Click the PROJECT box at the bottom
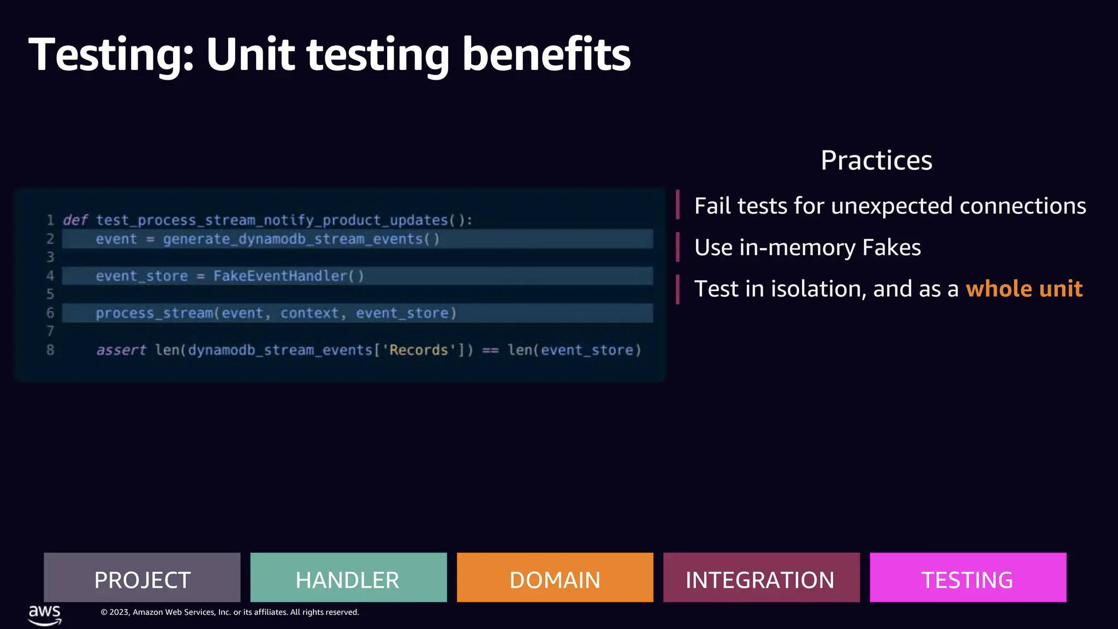pyautogui.click(x=142, y=578)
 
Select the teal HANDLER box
pyautogui.click(x=348, y=578)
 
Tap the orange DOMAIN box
pyautogui.click(x=555, y=578)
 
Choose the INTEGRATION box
pyautogui.click(x=761, y=578)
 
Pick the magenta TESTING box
pyautogui.click(x=967, y=578)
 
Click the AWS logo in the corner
pyautogui.click(x=45, y=614)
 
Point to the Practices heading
pyautogui.click(x=876, y=161)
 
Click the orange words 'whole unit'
pyautogui.click(x=1024, y=289)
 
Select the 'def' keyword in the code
pyautogui.click(x=75, y=220)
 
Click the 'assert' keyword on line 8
pyautogui.click(x=121, y=350)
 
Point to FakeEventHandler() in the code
pyautogui.click(x=288, y=276)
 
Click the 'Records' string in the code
pyautogui.click(x=419, y=350)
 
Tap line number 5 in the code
pyautogui.click(x=50, y=294)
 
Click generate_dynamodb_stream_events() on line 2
pyautogui.click(x=301, y=239)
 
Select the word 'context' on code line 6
pyautogui.click(x=310, y=313)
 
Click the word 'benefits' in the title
pyautogui.click(x=546, y=55)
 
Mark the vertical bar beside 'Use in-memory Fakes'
pyautogui.click(x=677, y=247)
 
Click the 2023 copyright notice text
pyautogui.click(x=230, y=613)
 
